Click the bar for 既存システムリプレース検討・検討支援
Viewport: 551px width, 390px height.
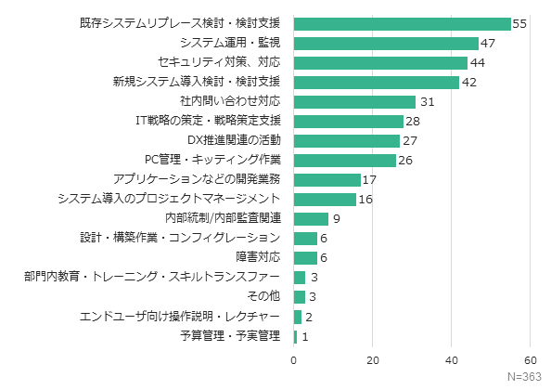tap(402, 23)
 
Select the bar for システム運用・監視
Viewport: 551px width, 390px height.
tap(386, 43)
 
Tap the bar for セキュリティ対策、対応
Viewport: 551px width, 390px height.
tap(380, 62)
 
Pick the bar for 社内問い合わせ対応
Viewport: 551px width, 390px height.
tap(354, 101)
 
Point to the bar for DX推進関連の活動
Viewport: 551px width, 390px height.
tap(347, 140)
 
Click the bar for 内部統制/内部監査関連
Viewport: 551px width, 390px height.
tap(311, 218)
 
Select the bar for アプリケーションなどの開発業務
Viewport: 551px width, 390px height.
tap(327, 179)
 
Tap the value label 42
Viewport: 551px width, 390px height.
tap(468, 82)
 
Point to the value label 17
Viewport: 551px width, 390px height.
tap(369, 179)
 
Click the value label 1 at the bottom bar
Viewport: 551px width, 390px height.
tap(305, 335)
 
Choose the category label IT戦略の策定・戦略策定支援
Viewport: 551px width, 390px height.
tap(208, 121)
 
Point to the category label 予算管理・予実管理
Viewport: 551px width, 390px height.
tap(230, 335)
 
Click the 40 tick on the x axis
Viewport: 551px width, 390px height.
tap(452, 359)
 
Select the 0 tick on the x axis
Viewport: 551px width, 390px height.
tap(294, 359)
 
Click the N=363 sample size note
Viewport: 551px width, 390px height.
tap(526, 377)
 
